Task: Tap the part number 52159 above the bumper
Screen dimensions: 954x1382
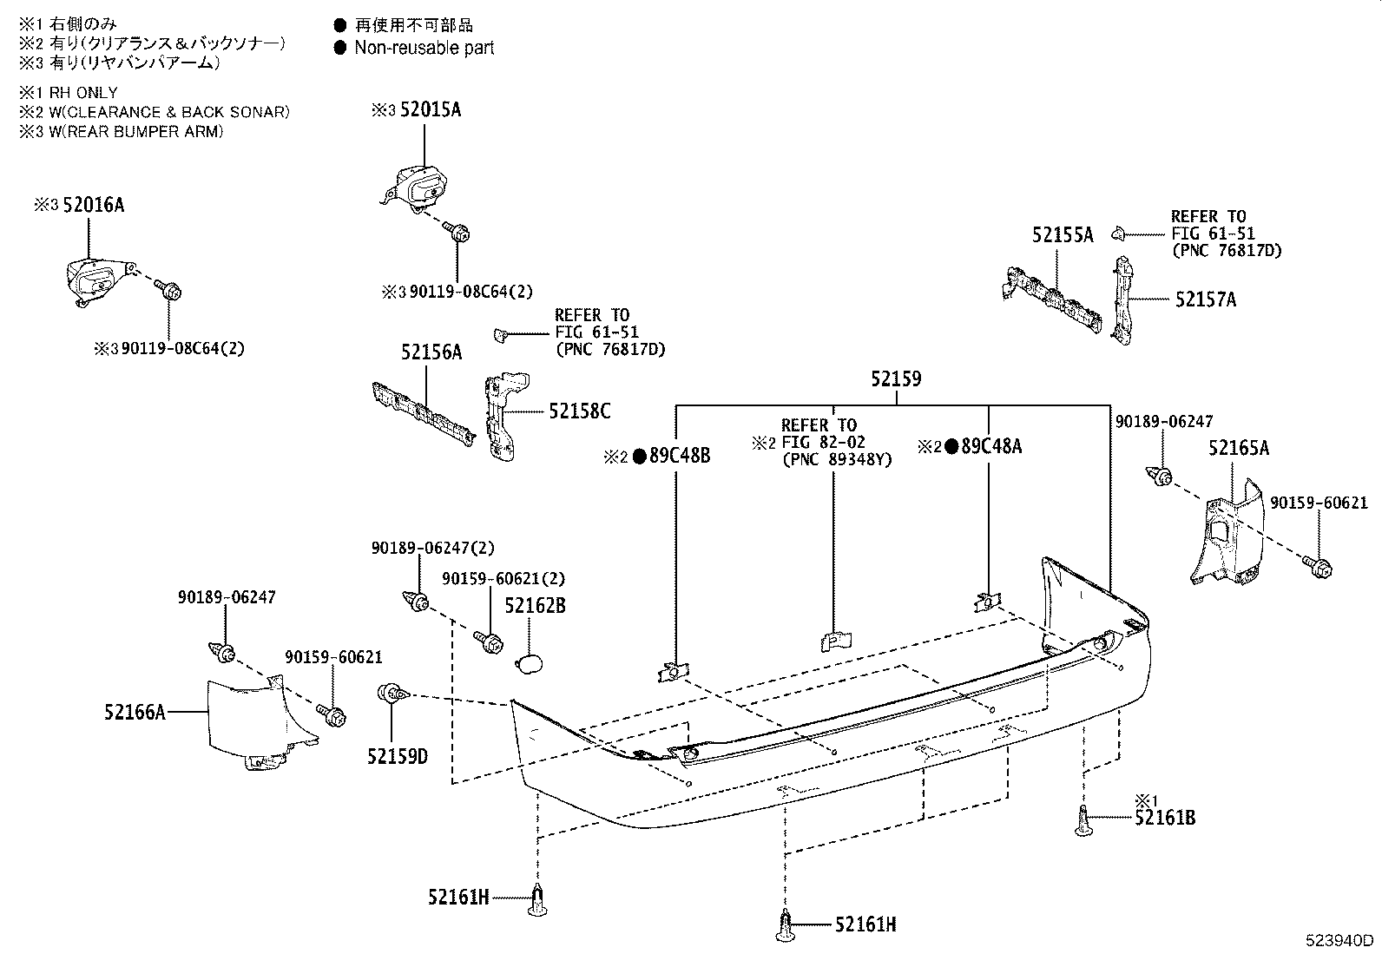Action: click(896, 379)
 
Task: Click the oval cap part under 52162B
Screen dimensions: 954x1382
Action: click(529, 665)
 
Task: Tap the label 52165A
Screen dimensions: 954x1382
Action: click(1239, 448)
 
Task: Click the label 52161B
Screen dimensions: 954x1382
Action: click(1165, 817)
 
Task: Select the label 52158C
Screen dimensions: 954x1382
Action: click(579, 411)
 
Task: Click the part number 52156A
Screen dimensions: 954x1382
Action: click(431, 352)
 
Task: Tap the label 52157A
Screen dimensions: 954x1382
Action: click(1206, 299)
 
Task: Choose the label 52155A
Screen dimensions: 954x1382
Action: click(1063, 234)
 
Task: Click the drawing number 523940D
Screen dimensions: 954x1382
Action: click(1342, 941)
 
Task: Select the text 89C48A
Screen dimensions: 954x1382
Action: click(991, 447)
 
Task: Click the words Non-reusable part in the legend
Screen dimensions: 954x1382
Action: click(424, 48)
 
